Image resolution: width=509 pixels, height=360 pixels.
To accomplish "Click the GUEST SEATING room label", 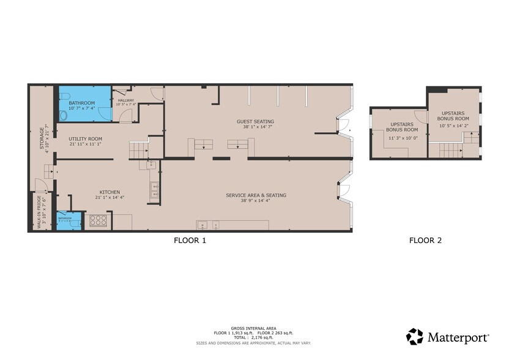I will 255,121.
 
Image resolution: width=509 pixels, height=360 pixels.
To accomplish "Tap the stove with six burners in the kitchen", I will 98,221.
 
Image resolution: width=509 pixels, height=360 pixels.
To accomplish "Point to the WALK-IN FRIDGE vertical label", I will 39,211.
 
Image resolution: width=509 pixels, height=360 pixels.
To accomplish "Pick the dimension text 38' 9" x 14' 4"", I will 256,201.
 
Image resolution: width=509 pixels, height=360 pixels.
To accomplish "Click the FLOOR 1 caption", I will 190,241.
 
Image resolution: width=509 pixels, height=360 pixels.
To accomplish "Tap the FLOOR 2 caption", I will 425,241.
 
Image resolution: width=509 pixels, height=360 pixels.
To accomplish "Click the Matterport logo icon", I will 415,336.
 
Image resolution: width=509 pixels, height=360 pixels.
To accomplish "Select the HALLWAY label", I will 125,100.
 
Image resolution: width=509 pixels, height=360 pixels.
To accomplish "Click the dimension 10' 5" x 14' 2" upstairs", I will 453,126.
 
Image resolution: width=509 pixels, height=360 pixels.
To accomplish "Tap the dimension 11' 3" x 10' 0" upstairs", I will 402,138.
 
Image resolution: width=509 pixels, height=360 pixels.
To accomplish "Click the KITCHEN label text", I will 110,192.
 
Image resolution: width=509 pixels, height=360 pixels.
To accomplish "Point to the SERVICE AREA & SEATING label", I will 256,195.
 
